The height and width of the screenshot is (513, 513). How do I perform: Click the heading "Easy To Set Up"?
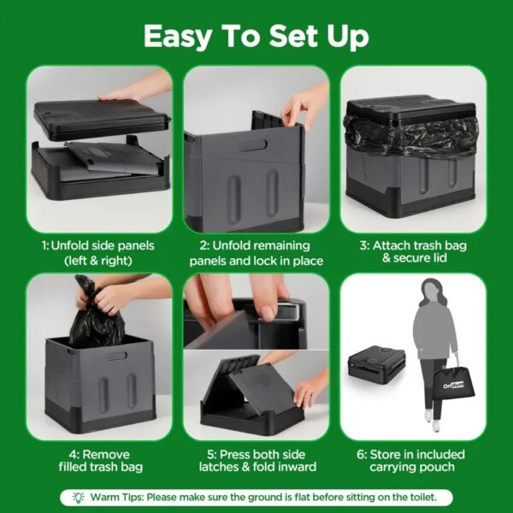click(x=256, y=36)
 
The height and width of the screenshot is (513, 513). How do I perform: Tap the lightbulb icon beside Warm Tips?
click(x=78, y=498)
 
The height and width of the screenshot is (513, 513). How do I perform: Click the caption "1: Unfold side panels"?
click(x=98, y=245)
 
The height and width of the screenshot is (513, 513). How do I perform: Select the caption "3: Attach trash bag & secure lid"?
click(x=414, y=251)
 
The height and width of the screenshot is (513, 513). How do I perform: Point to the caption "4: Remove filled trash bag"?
click(x=101, y=461)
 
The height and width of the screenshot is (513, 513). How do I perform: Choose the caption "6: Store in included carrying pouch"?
click(x=411, y=461)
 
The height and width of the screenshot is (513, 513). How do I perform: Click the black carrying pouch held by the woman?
click(x=454, y=384)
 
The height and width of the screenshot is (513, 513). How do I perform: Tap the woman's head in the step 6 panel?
click(x=431, y=291)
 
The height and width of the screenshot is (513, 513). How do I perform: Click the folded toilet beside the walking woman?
click(x=376, y=365)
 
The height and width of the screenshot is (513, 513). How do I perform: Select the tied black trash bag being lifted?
click(x=96, y=315)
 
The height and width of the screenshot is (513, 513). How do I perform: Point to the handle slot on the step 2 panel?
click(x=254, y=145)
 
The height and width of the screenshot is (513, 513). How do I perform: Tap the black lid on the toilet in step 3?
click(x=411, y=108)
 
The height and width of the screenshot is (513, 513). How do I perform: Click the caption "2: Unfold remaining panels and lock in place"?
click(x=256, y=253)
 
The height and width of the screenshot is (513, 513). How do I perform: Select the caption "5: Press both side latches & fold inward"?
click(x=257, y=461)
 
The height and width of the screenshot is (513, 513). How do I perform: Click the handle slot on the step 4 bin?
click(x=117, y=356)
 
